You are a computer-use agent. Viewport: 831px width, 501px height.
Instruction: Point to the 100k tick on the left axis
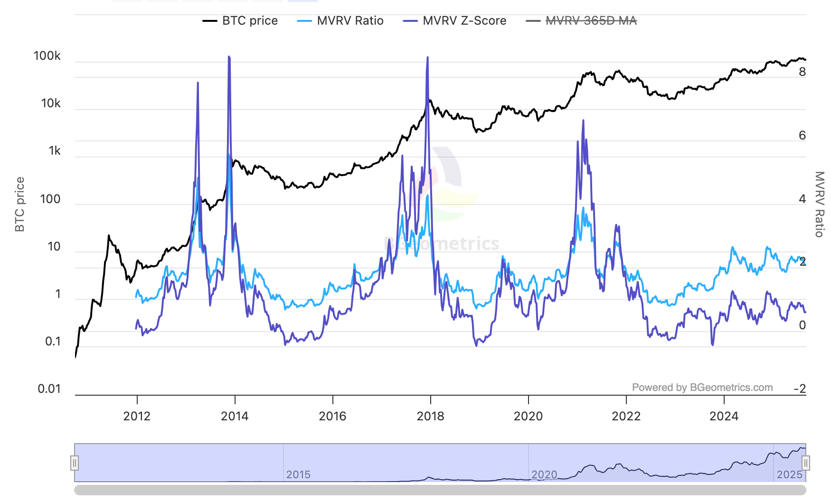click(x=47, y=56)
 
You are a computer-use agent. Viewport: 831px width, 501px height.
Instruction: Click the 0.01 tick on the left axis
click(x=49, y=389)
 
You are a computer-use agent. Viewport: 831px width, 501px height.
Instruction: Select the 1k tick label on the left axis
click(x=55, y=151)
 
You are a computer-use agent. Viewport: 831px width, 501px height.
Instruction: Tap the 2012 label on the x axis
click(x=137, y=416)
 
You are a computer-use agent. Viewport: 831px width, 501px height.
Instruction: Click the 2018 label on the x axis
click(x=430, y=416)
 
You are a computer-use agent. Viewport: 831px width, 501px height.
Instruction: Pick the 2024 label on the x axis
click(x=724, y=416)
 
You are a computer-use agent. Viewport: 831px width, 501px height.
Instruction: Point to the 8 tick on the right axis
click(x=802, y=72)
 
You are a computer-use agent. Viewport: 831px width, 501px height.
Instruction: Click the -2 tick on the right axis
click(x=800, y=389)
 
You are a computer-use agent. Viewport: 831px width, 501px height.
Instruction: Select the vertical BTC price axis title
click(x=19, y=204)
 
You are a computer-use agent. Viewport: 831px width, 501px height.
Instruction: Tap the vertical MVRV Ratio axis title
click(x=819, y=204)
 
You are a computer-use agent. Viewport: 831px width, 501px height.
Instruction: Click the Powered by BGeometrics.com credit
click(x=702, y=388)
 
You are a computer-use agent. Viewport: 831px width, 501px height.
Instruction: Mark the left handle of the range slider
click(x=75, y=463)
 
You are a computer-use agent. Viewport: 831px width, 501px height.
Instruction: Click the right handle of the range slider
click(x=806, y=463)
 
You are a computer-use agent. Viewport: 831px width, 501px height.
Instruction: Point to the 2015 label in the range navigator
click(x=298, y=474)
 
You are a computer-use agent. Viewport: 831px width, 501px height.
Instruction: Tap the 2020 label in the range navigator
click(x=544, y=474)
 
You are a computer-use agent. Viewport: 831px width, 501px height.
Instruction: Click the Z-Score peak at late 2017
click(x=428, y=58)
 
